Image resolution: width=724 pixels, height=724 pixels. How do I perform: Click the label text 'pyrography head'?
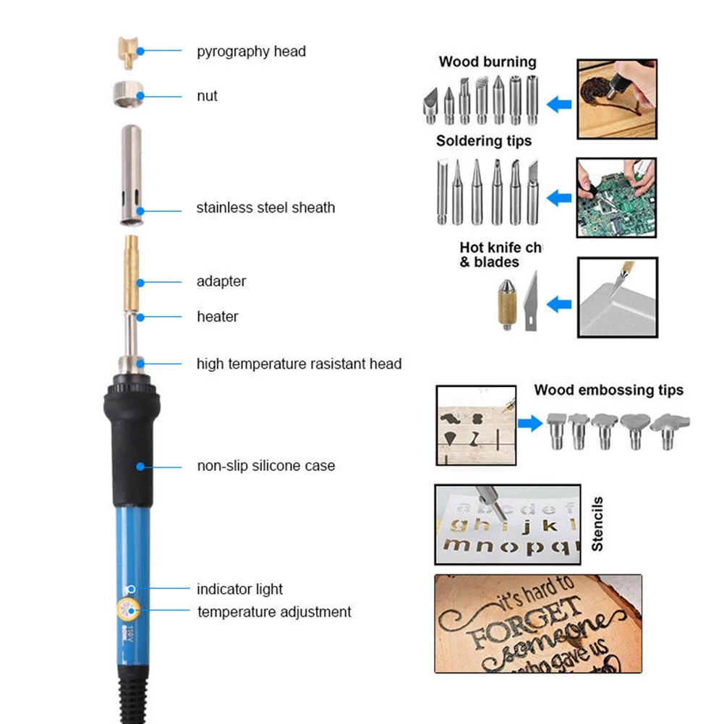[x=250, y=51]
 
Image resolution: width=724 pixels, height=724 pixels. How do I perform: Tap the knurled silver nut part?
[x=129, y=95]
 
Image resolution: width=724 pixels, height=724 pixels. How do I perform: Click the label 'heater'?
[x=217, y=317]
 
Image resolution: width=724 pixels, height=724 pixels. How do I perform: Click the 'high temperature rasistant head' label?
[x=299, y=364]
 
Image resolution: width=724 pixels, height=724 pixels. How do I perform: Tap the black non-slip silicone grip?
[x=130, y=448]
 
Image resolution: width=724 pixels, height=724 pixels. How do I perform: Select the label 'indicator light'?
[x=239, y=589]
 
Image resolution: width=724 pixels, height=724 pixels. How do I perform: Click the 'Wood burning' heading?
[x=487, y=62]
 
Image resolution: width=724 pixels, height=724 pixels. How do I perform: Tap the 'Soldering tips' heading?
[x=483, y=141]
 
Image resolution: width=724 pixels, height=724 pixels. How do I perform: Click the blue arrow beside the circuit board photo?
[x=558, y=197]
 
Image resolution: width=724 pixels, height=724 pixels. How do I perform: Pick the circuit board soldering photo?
[x=617, y=197]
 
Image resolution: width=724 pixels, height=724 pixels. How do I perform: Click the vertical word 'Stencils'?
[x=597, y=524]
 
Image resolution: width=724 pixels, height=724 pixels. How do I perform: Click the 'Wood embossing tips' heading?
[x=608, y=391]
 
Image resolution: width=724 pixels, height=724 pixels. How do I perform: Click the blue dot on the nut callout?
[x=140, y=95]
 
